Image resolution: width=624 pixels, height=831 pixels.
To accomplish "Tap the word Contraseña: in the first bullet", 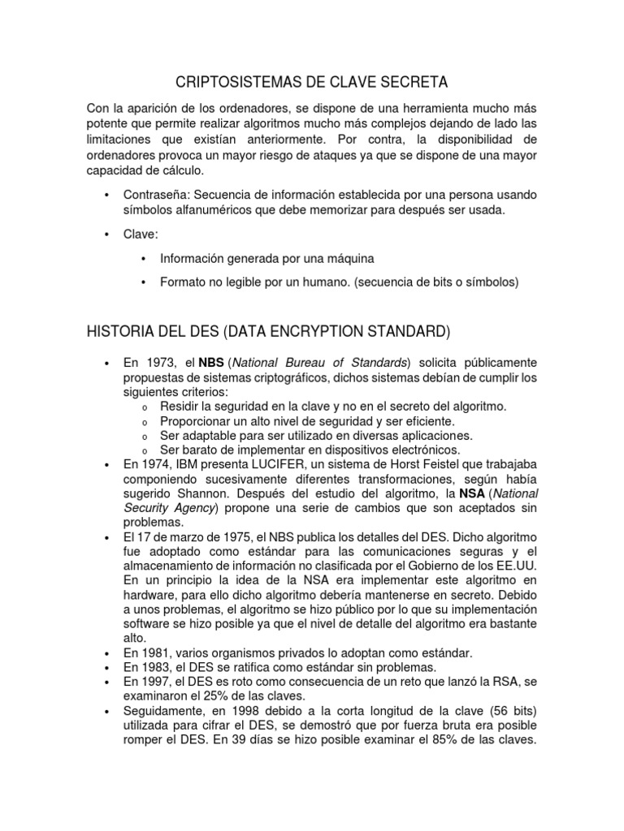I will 156,196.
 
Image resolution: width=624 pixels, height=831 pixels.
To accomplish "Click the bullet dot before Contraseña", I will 107,196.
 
